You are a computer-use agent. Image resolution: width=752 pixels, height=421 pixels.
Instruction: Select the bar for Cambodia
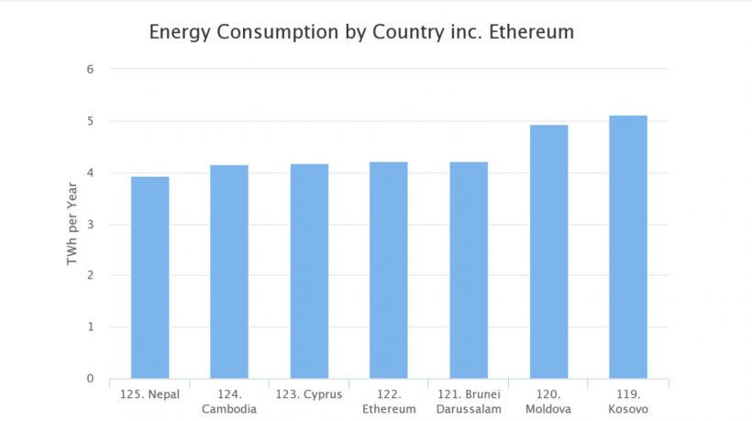coord(229,271)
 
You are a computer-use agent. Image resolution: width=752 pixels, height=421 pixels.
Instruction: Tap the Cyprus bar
coord(309,271)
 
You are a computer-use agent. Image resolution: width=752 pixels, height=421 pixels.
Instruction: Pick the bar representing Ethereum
coord(389,270)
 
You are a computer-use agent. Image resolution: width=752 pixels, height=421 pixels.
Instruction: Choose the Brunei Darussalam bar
coord(469,270)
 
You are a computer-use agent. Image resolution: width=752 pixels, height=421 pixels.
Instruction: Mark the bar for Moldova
coord(548,251)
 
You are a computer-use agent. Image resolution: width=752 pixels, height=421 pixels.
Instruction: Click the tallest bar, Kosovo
coord(628,247)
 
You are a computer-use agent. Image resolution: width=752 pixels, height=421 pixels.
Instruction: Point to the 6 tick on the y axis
coord(91,70)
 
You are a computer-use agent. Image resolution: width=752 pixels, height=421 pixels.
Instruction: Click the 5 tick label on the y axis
coord(91,121)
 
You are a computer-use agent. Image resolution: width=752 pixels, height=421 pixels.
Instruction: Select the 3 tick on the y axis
coord(91,225)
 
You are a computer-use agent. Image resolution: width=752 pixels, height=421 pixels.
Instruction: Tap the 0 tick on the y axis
coord(91,379)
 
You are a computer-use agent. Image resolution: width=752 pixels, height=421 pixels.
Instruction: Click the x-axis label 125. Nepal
coord(149,395)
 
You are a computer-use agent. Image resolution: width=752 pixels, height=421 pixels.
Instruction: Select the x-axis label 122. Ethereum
coord(389,402)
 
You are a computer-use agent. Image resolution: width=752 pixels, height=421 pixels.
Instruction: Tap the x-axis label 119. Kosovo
coord(628,402)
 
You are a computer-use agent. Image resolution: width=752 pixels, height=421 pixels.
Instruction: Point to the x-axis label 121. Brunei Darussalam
coord(469,402)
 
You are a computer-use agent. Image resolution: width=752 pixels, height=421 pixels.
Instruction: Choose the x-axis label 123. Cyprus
coord(309,395)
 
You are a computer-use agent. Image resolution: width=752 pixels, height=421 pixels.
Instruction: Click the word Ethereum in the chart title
coord(529,32)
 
